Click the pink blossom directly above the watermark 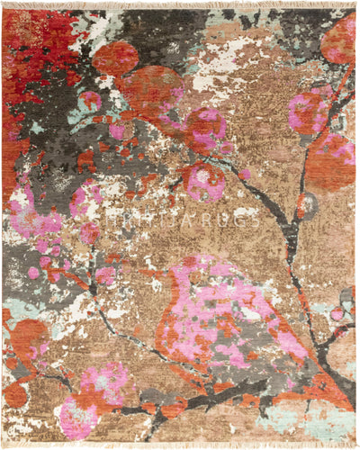(x=204, y=180)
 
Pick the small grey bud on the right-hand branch (x=309, y=205)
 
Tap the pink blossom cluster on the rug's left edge (x=27, y=216)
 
